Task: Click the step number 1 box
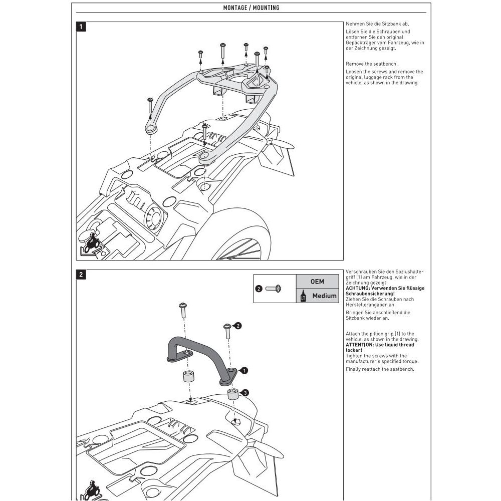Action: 81,27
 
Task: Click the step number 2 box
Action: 81,275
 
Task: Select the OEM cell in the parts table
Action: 317,282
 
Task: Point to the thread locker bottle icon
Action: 302,297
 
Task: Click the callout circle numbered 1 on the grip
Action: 244,371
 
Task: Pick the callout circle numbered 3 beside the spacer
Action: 244,393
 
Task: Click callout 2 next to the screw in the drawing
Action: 238,326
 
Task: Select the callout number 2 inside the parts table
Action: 259,289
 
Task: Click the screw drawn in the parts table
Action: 273,289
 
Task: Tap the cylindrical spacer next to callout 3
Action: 232,394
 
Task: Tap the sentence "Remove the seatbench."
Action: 371,64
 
